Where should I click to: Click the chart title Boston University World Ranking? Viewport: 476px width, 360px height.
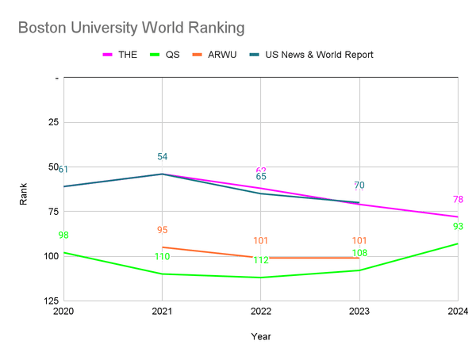131,28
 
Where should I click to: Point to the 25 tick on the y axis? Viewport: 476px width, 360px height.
54,123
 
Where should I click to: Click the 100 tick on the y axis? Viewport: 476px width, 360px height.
52,256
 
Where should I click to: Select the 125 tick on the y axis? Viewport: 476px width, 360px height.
52,301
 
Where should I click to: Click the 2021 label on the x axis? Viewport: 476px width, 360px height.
162,311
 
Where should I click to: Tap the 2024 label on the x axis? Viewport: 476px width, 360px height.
458,311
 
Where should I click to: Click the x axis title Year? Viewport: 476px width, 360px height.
261,336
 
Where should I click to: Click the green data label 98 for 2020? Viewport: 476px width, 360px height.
63,236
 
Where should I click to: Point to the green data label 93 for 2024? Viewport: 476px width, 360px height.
458,227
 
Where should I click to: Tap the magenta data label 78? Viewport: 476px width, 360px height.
458,200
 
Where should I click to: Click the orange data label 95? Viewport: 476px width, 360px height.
162,230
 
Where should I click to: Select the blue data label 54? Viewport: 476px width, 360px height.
162,157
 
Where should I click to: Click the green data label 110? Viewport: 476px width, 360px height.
162,257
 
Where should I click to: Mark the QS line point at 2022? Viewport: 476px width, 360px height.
261,278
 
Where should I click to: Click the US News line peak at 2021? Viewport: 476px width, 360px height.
162,174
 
